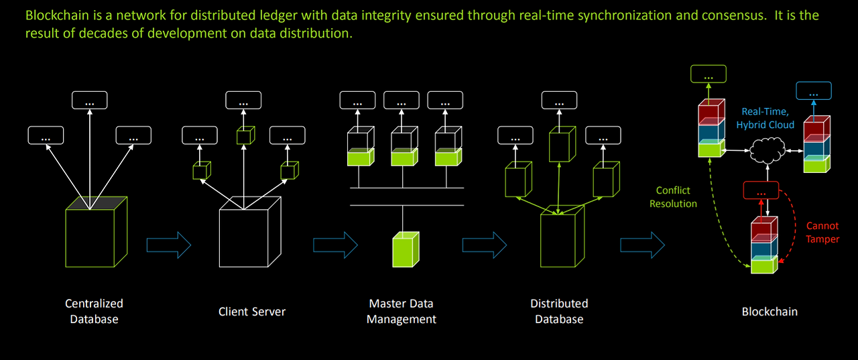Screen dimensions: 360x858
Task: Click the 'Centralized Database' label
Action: point(94,311)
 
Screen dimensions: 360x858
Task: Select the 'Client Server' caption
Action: point(252,311)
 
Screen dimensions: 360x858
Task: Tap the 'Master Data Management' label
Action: point(401,311)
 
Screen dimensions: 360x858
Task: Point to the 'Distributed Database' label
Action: point(559,311)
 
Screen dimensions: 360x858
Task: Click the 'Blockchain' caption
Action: point(770,311)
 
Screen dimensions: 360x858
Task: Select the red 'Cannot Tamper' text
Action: point(822,233)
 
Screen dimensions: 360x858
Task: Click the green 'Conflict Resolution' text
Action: point(673,197)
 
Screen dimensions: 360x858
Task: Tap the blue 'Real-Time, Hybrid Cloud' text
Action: point(765,118)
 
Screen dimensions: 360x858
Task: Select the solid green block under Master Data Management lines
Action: point(405,249)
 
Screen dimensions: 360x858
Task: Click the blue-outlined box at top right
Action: point(813,91)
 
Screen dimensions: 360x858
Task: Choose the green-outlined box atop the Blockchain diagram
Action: point(708,74)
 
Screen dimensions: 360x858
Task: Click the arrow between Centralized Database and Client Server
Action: point(169,245)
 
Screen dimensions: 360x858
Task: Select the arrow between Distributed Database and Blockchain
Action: point(642,245)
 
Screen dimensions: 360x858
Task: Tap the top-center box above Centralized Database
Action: point(90,101)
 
